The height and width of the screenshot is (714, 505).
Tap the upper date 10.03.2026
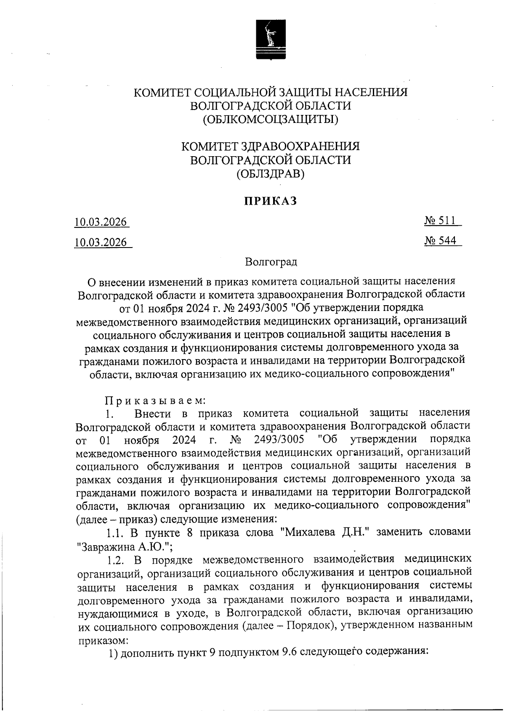[101, 222]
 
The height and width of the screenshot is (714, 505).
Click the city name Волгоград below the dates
[271, 262]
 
